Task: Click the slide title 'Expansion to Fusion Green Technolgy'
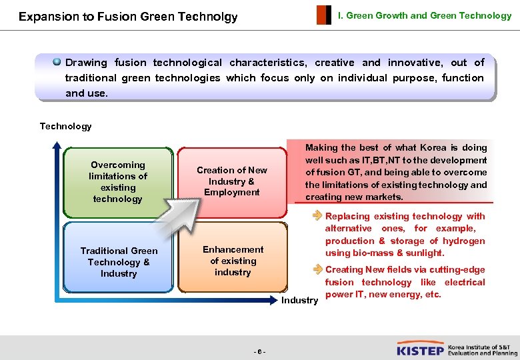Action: [x=128, y=17]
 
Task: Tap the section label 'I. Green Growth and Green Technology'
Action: [x=425, y=15]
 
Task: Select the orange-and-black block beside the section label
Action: [x=323, y=15]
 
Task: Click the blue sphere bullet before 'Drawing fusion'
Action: [x=57, y=62]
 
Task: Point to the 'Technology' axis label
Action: [x=65, y=126]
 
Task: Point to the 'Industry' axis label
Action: [x=299, y=300]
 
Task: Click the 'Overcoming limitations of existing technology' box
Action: [x=118, y=181]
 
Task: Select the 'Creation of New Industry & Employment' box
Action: [x=232, y=181]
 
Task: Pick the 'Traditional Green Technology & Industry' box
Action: [x=119, y=262]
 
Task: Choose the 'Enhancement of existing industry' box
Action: [x=233, y=261]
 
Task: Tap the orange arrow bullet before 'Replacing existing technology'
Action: [x=317, y=216]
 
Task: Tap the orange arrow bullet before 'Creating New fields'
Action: [x=317, y=269]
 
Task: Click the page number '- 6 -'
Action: [x=259, y=351]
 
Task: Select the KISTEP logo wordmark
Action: [x=420, y=350]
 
